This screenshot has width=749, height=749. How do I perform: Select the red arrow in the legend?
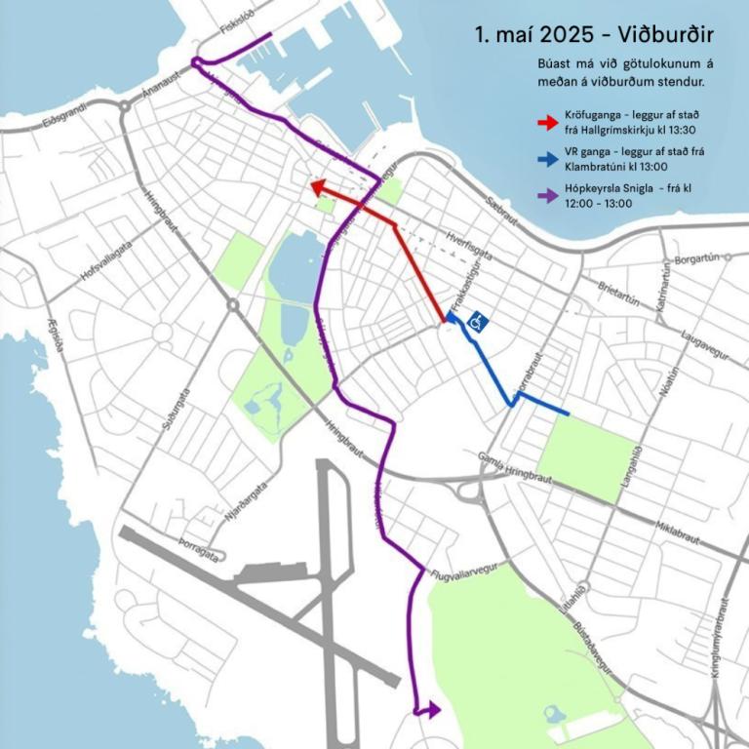(547, 122)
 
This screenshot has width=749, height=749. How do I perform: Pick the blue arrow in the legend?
(547, 158)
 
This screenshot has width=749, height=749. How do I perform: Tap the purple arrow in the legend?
(547, 195)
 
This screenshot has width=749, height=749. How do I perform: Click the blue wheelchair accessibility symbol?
(479, 320)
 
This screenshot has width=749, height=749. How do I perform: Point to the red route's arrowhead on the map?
(316, 185)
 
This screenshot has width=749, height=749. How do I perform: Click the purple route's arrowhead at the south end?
(429, 710)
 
